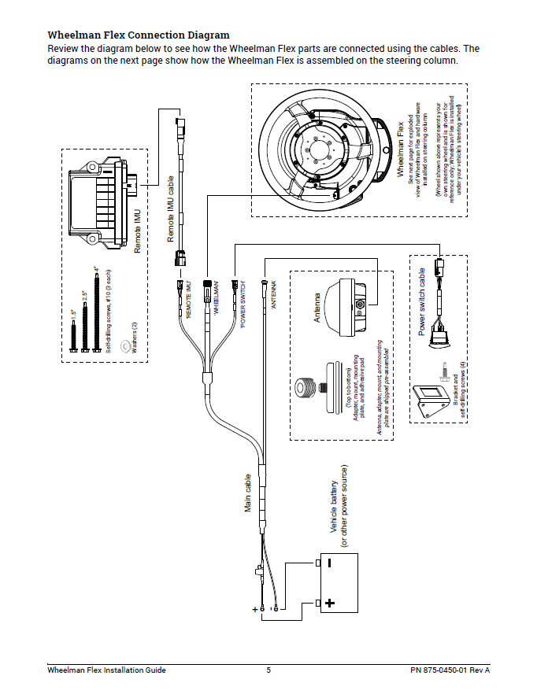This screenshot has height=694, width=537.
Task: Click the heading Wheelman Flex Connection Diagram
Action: click(x=139, y=35)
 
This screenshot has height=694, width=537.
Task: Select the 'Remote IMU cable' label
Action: click(x=171, y=209)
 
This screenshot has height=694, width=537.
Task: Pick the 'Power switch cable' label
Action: click(x=422, y=302)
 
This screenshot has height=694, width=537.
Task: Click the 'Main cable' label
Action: click(x=248, y=494)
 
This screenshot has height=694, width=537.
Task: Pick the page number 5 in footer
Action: click(x=268, y=670)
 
